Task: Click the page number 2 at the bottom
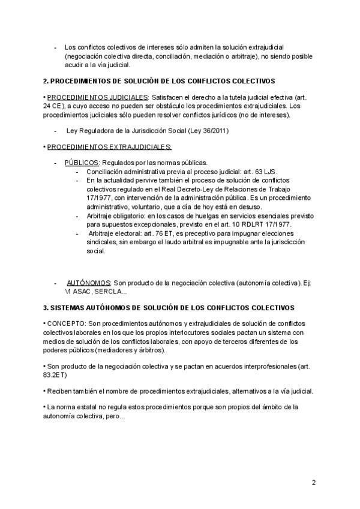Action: [314, 483]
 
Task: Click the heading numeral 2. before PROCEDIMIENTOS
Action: [46, 80]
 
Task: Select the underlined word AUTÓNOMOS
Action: [88, 282]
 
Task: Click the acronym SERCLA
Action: [110, 291]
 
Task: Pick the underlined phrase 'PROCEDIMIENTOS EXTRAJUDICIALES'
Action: [109, 146]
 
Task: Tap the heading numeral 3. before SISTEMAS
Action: [46, 307]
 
